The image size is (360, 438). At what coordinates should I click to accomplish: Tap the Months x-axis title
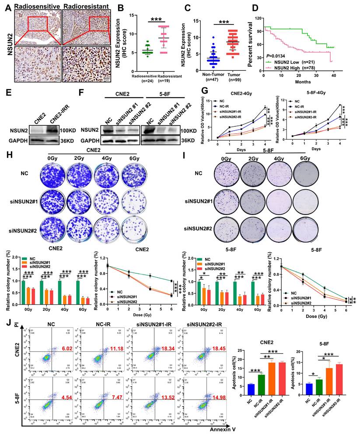point(300,81)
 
